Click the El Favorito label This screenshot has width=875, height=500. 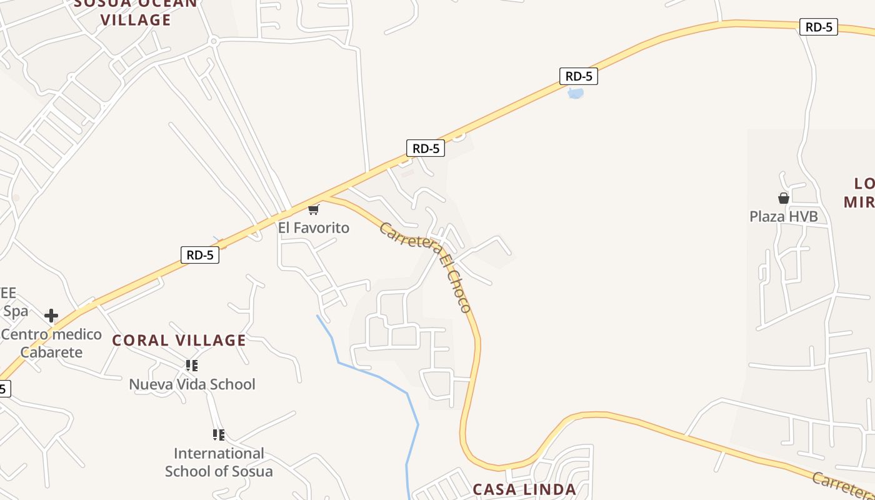click(x=314, y=228)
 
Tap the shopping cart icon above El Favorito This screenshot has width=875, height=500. click(x=314, y=209)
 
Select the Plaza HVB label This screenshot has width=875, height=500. click(x=784, y=217)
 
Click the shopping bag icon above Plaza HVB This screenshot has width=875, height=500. click(x=784, y=199)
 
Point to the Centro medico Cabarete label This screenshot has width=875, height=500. click(x=51, y=343)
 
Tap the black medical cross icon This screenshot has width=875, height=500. click(x=51, y=316)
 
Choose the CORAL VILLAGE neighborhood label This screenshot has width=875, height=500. click(x=179, y=341)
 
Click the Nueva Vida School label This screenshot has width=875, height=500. click(x=192, y=384)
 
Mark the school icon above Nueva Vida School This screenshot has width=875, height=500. click(x=192, y=366)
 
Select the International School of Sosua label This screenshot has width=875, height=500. click(x=219, y=462)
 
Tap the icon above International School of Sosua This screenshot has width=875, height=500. click(x=218, y=434)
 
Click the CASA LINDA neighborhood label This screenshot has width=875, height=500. click(x=524, y=489)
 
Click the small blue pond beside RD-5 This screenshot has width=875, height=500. click(x=575, y=94)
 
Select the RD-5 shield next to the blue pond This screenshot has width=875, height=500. click(x=579, y=77)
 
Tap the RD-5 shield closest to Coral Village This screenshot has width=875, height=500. click(x=200, y=255)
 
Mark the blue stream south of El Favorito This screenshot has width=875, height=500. click(x=375, y=375)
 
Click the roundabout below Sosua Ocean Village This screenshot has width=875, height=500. click(x=214, y=42)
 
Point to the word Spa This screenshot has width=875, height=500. click(x=16, y=311)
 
